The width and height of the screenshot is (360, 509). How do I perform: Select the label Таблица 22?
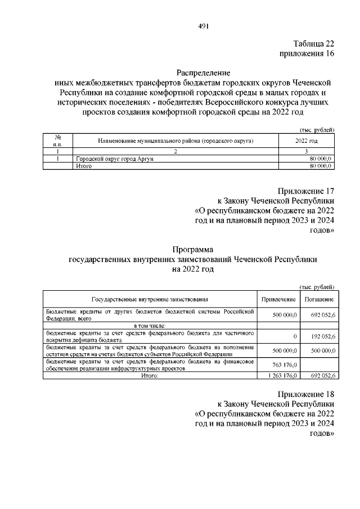[x=313, y=44]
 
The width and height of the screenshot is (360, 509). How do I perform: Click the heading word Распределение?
[x=204, y=73]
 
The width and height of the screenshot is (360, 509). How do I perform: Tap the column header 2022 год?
[x=306, y=140]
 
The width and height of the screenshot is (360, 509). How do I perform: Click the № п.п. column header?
[x=58, y=140]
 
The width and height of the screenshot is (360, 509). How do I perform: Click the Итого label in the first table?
[x=84, y=167]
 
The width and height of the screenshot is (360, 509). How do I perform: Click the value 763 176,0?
[x=285, y=364]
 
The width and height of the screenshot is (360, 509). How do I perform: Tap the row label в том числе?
[x=150, y=326]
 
